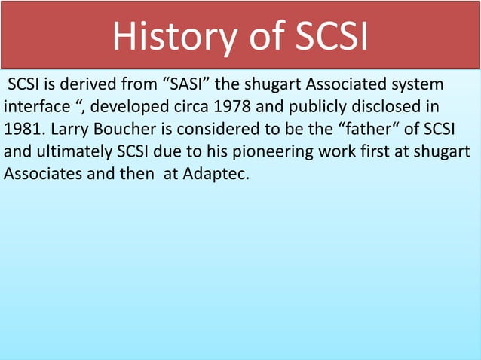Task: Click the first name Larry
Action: pos(70,124)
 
